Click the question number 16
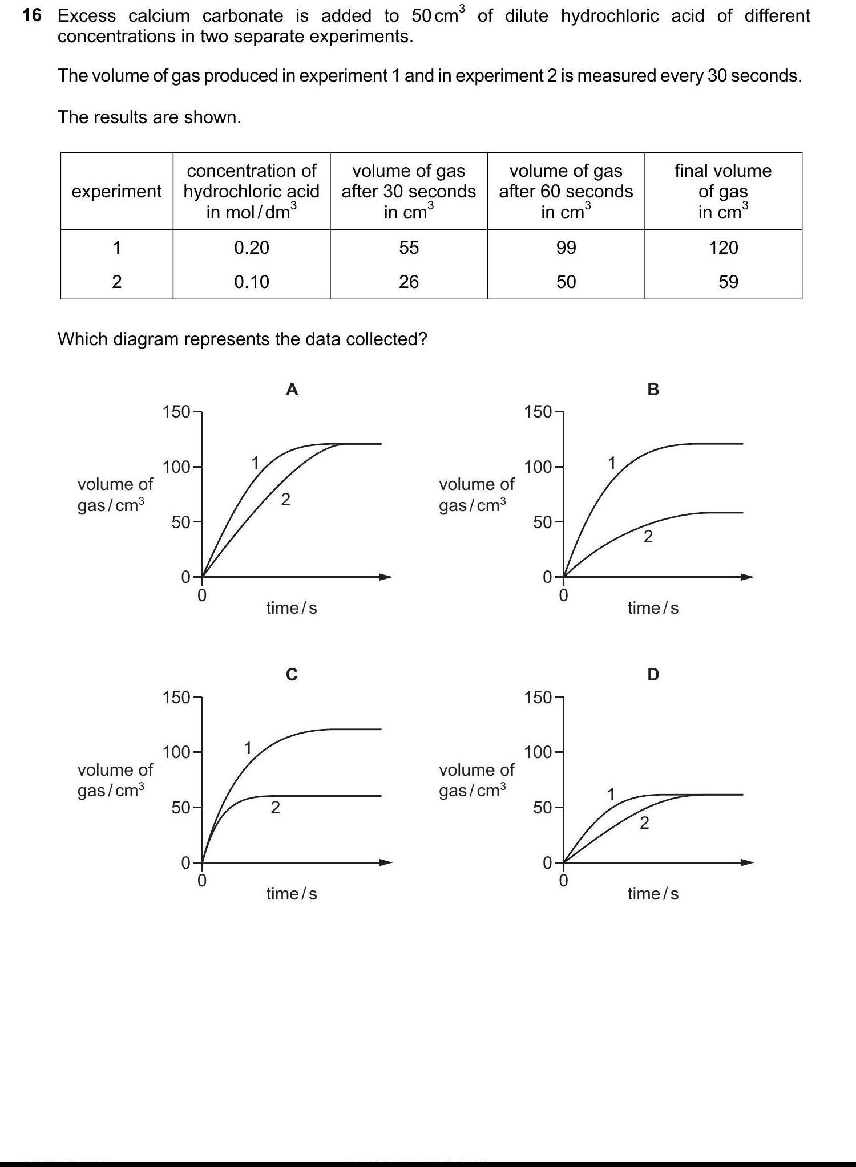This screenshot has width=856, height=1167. (x=32, y=15)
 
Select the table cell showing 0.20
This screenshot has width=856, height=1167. (x=252, y=248)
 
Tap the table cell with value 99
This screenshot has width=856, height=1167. (x=566, y=248)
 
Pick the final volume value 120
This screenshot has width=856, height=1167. (x=723, y=248)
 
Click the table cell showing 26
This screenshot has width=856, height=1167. (x=409, y=282)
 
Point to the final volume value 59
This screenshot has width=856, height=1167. (x=728, y=282)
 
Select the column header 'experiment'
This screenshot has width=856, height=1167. (x=116, y=191)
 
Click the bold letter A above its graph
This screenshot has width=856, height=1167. (x=292, y=390)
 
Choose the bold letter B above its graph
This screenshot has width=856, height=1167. (x=653, y=390)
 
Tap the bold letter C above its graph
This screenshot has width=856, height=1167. (x=292, y=675)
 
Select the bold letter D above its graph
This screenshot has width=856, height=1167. (x=653, y=675)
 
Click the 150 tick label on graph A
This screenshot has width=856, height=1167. (x=176, y=411)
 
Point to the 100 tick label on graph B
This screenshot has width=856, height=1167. (x=538, y=467)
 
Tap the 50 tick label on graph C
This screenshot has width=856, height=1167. (x=181, y=808)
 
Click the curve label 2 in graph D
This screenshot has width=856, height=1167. (x=644, y=823)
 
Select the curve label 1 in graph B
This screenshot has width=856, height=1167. (x=612, y=463)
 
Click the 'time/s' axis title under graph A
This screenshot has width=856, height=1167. (x=292, y=608)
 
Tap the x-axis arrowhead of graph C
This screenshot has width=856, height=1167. (x=386, y=862)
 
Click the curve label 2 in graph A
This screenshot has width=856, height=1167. (x=286, y=500)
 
